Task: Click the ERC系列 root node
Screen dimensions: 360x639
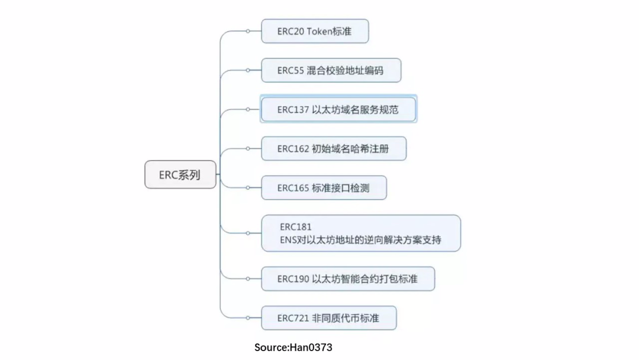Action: pos(180,175)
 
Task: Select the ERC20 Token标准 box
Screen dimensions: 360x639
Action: pos(315,31)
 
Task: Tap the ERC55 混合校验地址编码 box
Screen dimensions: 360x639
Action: pos(331,70)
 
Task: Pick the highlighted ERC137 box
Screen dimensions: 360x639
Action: pos(338,110)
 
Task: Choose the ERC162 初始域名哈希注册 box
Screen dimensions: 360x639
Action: pos(334,149)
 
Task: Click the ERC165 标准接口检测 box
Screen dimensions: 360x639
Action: pos(324,188)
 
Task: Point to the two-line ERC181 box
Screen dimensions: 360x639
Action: pos(361,233)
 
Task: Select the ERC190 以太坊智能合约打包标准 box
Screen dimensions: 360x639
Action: pos(348,278)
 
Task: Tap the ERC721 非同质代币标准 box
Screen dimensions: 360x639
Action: pos(328,318)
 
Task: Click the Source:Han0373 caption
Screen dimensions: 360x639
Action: pos(293,348)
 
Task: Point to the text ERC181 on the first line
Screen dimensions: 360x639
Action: pos(296,227)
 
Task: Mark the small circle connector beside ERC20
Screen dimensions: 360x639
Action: pos(248,31)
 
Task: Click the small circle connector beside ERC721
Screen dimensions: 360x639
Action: pos(248,318)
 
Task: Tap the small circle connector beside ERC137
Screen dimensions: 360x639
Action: pos(248,110)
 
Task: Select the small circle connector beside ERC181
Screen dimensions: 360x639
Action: pos(248,233)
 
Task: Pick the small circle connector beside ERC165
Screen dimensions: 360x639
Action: pos(248,188)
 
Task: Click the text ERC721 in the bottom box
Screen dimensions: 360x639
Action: pos(293,318)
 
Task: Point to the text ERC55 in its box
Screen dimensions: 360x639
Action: pos(291,70)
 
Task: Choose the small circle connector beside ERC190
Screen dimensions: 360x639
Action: pos(248,278)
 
